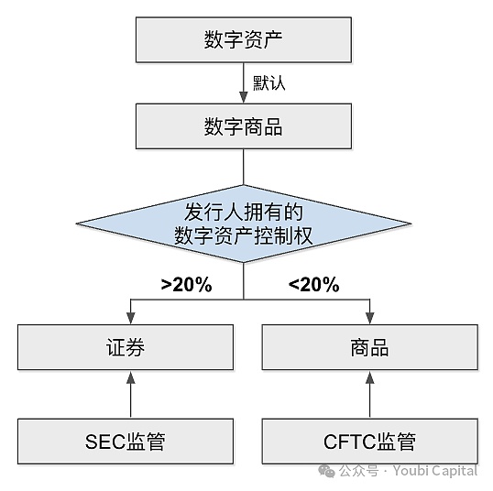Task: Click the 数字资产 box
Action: [243, 40]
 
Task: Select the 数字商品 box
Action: [243, 126]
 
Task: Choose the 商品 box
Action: [370, 347]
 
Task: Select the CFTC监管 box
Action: [370, 441]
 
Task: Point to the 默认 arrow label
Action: [269, 83]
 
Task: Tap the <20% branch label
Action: [313, 285]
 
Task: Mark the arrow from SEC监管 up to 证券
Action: [130, 394]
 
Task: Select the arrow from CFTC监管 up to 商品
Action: [370, 394]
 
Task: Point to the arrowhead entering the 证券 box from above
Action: [130, 318]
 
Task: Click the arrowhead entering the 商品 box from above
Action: [370, 318]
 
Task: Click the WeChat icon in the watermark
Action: [326, 470]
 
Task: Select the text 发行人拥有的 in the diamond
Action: [243, 210]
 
